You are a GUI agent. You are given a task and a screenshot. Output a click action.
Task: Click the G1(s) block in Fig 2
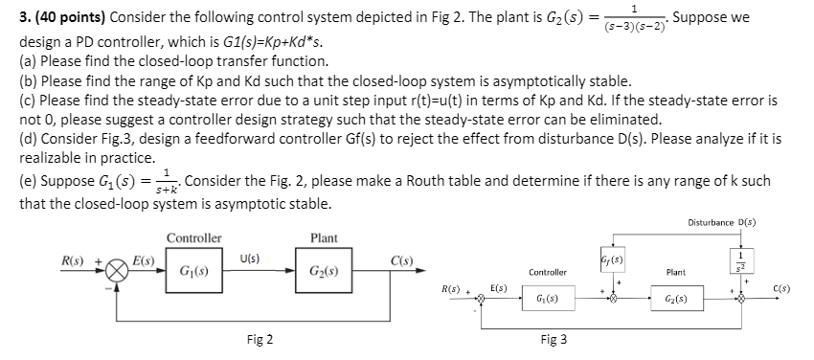coord(195,271)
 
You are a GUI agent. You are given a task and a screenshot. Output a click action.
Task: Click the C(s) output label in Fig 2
coord(402,259)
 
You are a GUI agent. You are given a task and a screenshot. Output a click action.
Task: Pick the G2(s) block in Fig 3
coord(675,300)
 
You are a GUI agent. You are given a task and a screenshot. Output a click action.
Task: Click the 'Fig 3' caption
coord(554,339)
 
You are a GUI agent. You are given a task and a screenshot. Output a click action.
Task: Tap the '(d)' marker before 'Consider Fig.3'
coord(29,139)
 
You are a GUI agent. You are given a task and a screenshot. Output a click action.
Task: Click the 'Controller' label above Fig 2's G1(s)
coord(194,237)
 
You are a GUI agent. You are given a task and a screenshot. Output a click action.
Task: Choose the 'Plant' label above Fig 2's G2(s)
coord(323,237)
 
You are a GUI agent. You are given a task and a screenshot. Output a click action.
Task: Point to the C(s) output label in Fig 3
coord(782,284)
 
